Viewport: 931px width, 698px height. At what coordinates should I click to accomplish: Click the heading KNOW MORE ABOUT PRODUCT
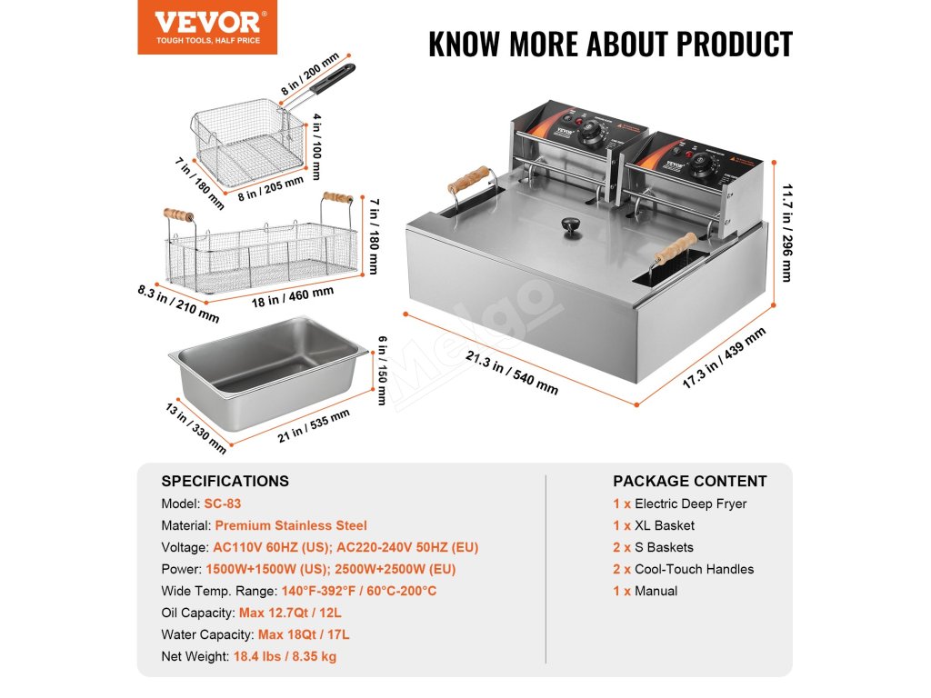pyautogui.click(x=610, y=44)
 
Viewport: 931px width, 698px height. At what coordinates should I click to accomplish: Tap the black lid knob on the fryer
pyautogui.click(x=572, y=224)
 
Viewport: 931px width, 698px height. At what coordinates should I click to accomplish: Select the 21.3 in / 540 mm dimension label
pyautogui.click(x=512, y=373)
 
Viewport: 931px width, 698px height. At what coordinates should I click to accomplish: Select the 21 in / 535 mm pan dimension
pyautogui.click(x=314, y=429)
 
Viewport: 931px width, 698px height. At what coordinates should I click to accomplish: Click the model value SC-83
pyautogui.click(x=223, y=504)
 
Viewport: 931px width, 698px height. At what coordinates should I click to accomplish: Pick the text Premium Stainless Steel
pyautogui.click(x=291, y=525)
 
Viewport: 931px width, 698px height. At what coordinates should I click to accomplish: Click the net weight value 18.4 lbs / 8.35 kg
pyautogui.click(x=285, y=656)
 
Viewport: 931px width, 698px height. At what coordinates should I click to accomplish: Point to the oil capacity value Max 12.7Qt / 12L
pyautogui.click(x=295, y=613)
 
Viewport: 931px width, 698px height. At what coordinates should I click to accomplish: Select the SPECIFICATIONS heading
pyautogui.click(x=225, y=481)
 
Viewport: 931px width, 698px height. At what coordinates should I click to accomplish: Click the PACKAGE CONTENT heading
pyautogui.click(x=689, y=481)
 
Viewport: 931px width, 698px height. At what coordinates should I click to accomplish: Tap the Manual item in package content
pyautogui.click(x=656, y=591)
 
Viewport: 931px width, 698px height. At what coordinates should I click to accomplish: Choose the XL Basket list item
pyautogui.click(x=664, y=525)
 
